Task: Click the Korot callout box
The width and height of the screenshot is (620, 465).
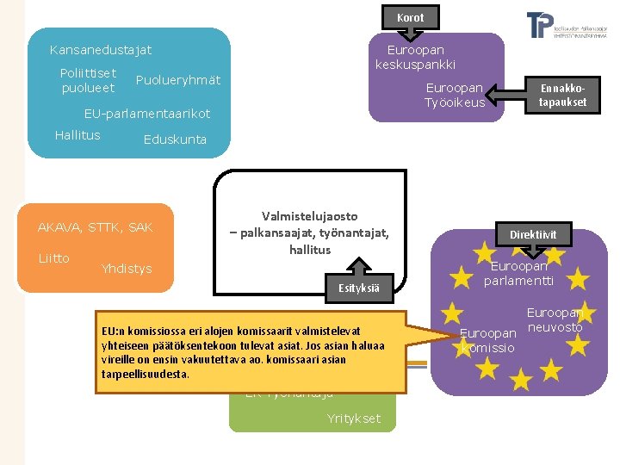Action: (x=411, y=16)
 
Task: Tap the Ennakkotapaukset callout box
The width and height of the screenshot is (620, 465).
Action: (x=562, y=95)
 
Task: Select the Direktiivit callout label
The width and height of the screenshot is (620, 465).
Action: (x=533, y=234)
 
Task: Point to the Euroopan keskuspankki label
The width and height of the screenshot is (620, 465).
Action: (x=415, y=58)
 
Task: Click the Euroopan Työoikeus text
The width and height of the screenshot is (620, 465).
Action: (x=454, y=96)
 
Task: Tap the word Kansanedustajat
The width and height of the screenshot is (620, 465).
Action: (x=101, y=51)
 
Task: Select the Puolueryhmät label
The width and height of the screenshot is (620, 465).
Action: (x=178, y=80)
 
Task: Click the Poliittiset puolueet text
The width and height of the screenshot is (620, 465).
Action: (x=88, y=80)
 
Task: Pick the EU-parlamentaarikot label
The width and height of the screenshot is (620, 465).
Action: (x=146, y=114)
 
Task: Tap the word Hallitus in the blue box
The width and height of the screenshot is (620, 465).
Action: (x=77, y=135)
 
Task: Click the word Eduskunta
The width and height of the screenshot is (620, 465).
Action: (x=175, y=139)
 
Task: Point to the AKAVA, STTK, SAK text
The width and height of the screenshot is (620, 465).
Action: (x=95, y=227)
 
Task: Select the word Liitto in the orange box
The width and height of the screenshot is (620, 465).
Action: (x=53, y=258)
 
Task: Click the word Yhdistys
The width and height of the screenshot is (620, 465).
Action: (x=126, y=269)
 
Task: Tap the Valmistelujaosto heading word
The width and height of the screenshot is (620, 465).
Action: (x=309, y=216)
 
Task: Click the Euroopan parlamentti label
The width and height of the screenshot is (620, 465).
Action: (x=518, y=274)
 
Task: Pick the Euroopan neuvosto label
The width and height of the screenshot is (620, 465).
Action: (x=555, y=320)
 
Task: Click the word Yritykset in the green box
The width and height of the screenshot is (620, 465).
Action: (x=353, y=418)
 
